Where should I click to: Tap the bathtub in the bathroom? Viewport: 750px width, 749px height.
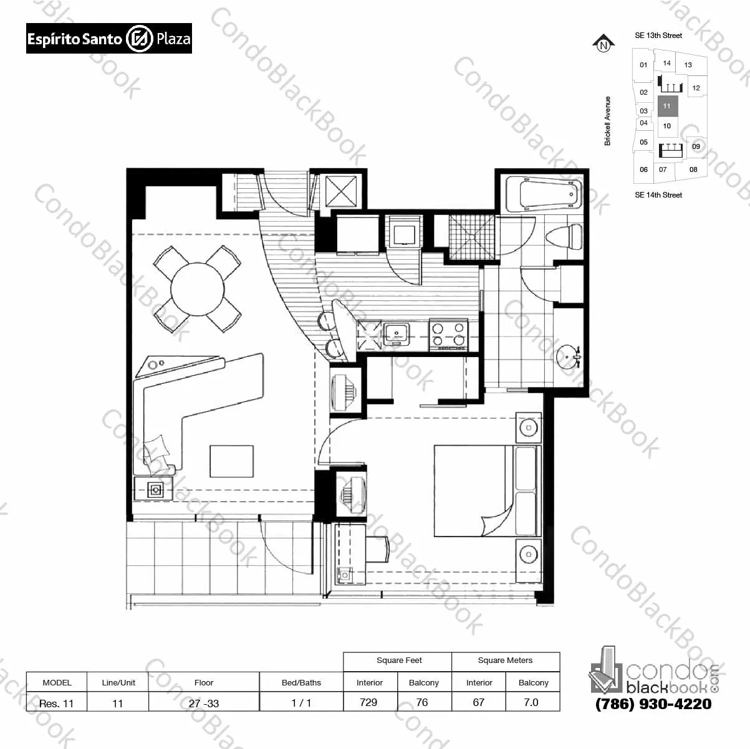click(542, 195)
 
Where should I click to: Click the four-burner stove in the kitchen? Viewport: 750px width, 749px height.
click(448, 334)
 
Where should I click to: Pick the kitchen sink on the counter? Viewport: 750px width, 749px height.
click(396, 333)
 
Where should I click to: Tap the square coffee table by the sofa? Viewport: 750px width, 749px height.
click(231, 461)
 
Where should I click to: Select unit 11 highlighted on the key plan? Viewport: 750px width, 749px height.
click(667, 106)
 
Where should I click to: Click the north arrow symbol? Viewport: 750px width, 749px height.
click(603, 44)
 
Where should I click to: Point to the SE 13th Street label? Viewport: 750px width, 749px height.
click(658, 36)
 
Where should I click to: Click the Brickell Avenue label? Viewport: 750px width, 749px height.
click(608, 121)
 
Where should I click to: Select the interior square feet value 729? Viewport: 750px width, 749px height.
click(368, 702)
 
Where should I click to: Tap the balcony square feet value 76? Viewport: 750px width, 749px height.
click(422, 702)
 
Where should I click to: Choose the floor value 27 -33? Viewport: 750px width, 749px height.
click(204, 703)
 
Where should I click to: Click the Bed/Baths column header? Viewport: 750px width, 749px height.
click(301, 682)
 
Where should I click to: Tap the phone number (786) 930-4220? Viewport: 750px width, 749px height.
click(653, 704)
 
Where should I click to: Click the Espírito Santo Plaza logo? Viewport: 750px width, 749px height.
click(108, 39)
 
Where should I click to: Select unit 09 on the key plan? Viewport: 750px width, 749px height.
click(696, 146)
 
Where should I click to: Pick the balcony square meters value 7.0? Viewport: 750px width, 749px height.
click(531, 702)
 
